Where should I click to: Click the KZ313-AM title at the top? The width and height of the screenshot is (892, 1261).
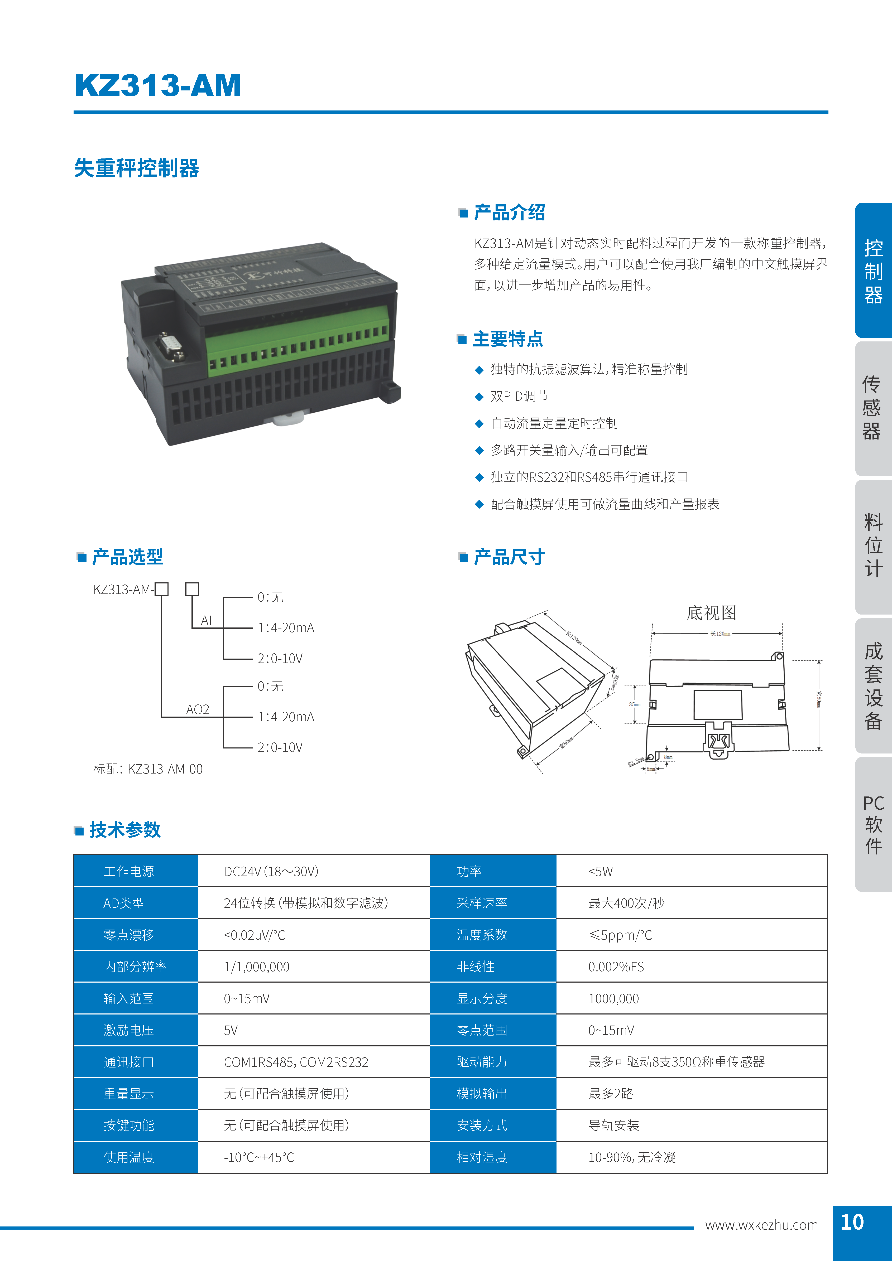[158, 86]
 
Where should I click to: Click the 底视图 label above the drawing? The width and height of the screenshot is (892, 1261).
[711, 612]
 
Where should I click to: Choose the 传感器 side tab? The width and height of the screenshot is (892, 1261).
[873, 408]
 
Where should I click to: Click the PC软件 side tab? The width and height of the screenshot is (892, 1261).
[873, 824]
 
